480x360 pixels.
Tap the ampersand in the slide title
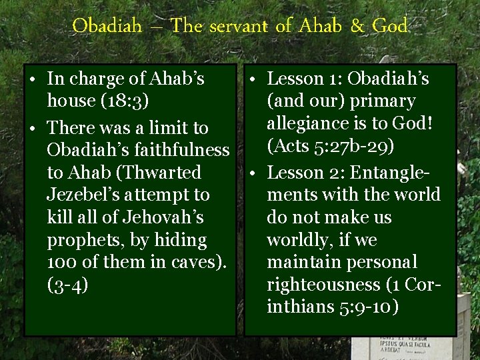[358, 27]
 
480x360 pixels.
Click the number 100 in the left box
[61, 263]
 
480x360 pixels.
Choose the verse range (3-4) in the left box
[67, 285]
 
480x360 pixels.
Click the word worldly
[298, 240]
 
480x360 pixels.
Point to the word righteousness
[323, 285]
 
